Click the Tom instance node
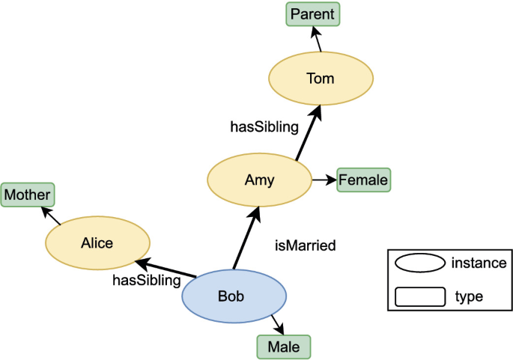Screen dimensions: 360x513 pyautogui.click(x=321, y=79)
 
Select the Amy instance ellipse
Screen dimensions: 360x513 pyautogui.click(x=259, y=180)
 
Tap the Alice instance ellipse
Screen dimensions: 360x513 pyautogui.click(x=97, y=242)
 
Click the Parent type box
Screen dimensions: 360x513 pyautogui.click(x=313, y=15)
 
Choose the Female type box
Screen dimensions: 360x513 pyautogui.click(x=363, y=180)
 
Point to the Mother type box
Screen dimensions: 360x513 pyautogui.click(x=28, y=195)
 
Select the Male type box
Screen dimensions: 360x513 pyautogui.click(x=284, y=347)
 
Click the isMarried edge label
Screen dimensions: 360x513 pyautogui.click(x=305, y=245)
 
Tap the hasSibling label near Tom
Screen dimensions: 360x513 pyautogui.click(x=264, y=126)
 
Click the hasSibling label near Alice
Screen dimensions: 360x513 pyautogui.click(x=147, y=281)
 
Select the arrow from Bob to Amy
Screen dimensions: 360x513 pyautogui.click(x=246, y=240)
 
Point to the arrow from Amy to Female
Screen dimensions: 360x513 pyautogui.click(x=324, y=180)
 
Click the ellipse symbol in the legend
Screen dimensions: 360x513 pyautogui.click(x=420, y=264)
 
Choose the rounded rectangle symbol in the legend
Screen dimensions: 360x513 pyautogui.click(x=420, y=296)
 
